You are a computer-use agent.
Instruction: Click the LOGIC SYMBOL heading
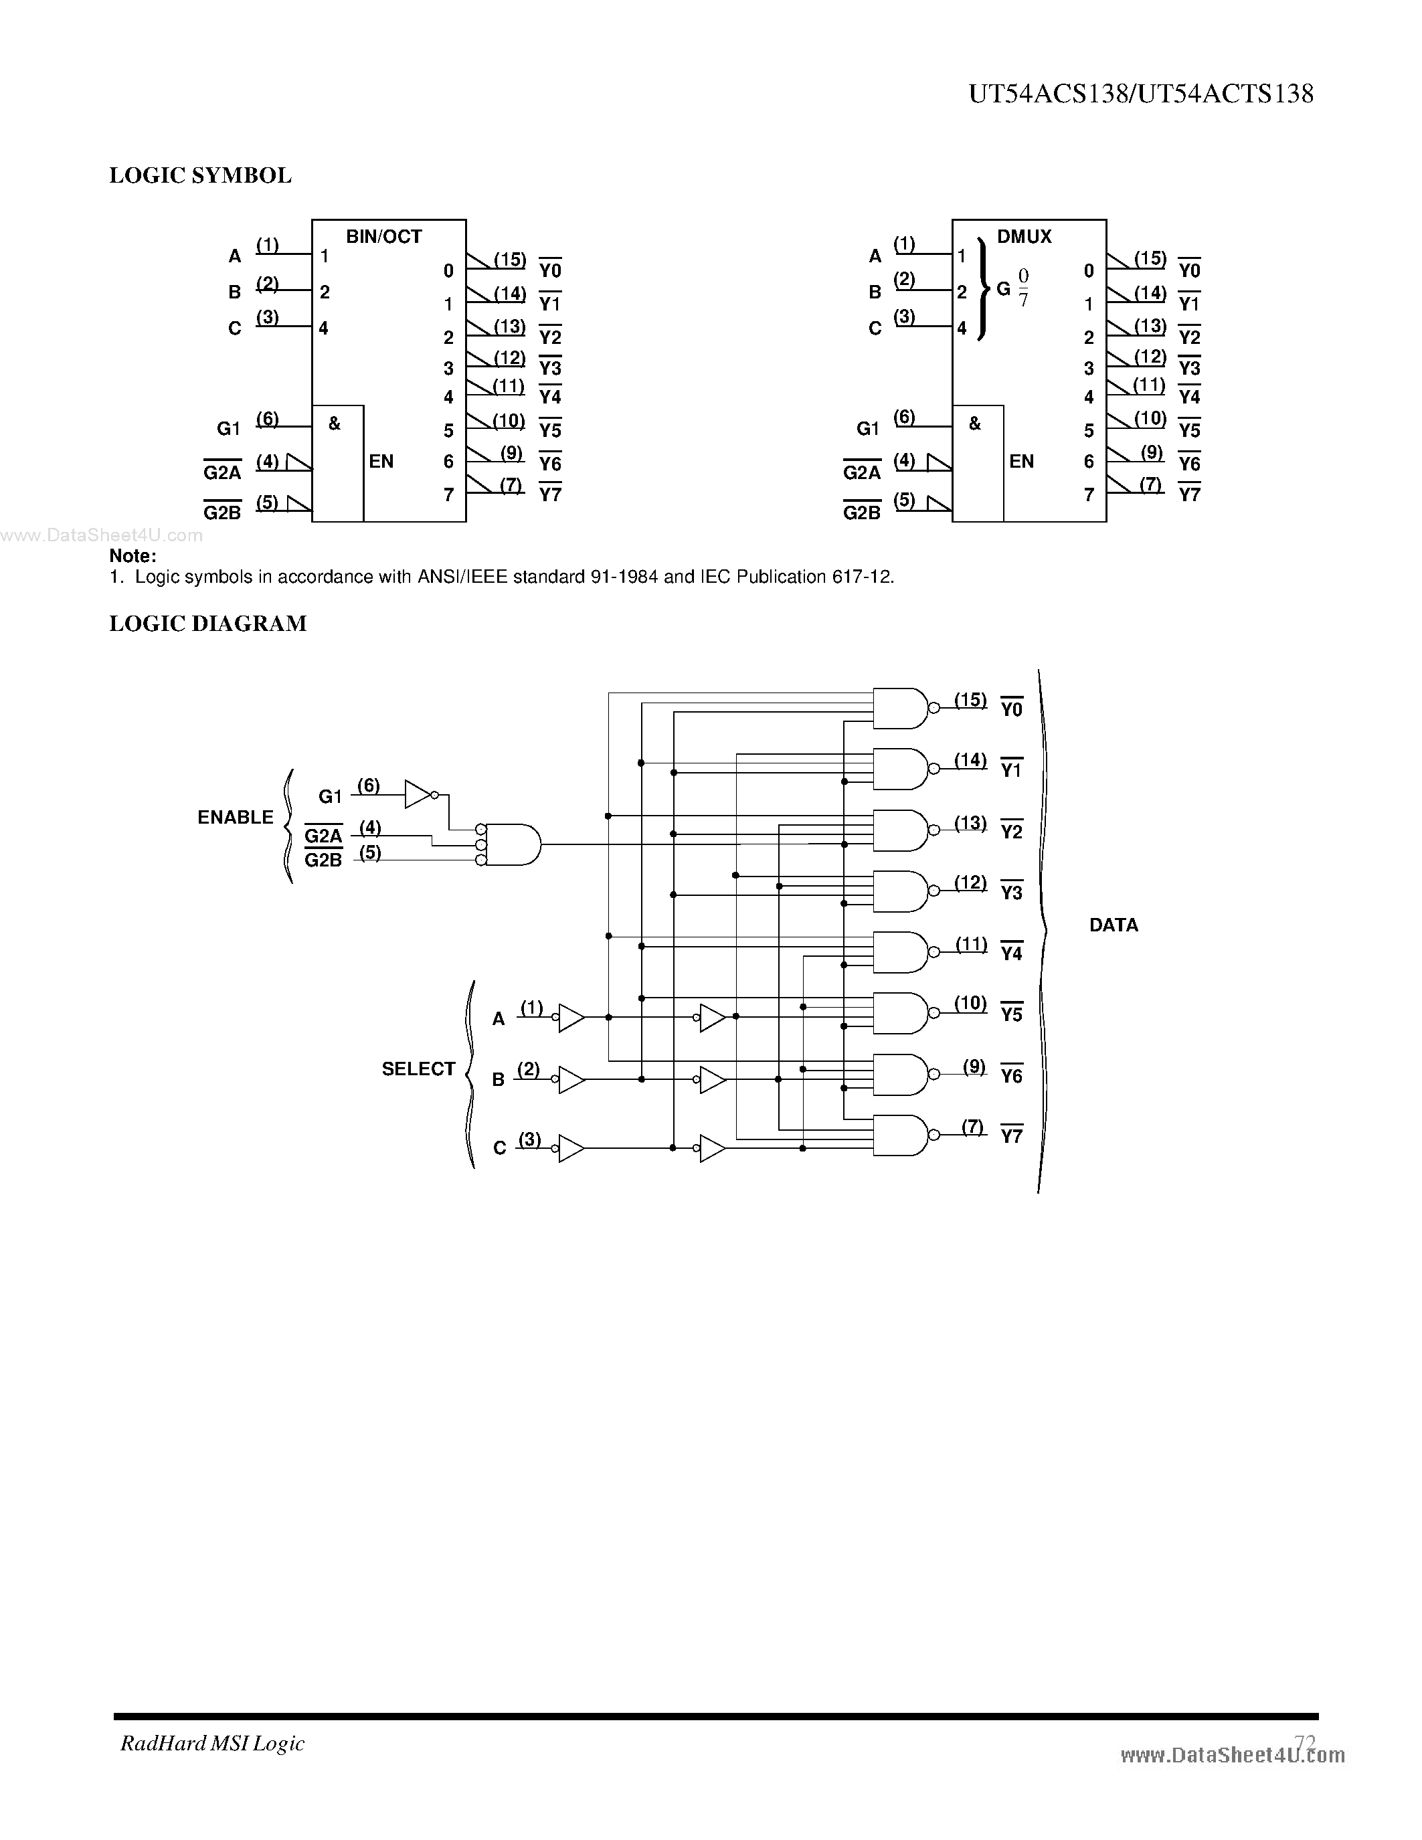[x=201, y=176]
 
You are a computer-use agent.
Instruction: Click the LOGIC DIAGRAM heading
[x=208, y=624]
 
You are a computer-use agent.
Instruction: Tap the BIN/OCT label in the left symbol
[x=383, y=237]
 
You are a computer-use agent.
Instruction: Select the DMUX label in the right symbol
[x=1024, y=237]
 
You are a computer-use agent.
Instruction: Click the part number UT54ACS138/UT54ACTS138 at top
[x=1141, y=94]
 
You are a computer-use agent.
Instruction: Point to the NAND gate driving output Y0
[x=899, y=709]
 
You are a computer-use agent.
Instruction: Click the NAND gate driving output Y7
[x=899, y=1135]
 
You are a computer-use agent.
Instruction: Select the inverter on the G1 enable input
[x=418, y=794]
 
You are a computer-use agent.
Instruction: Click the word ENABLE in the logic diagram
[x=235, y=817]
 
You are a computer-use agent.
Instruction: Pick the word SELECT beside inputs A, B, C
[x=418, y=1069]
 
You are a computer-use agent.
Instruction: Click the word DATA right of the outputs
[x=1113, y=925]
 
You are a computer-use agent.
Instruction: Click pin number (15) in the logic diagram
[x=970, y=699]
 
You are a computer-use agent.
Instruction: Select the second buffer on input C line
[x=712, y=1148]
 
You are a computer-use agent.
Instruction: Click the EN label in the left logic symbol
[x=381, y=462]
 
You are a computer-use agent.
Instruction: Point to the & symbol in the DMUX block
[x=975, y=424]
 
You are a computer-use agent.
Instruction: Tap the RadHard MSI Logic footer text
[x=212, y=1743]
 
